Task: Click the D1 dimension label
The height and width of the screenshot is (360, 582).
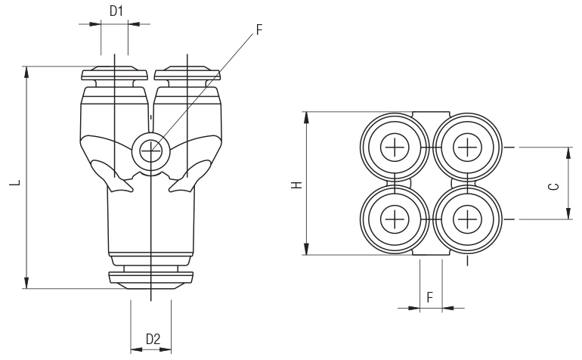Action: [116, 11]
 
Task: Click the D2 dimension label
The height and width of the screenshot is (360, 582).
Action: [153, 339]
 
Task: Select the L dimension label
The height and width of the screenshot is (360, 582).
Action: [15, 183]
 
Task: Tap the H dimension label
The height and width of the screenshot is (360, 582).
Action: [296, 184]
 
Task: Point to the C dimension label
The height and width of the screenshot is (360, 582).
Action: [555, 185]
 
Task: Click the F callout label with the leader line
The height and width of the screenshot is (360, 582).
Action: [259, 30]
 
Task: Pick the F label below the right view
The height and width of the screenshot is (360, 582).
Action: [430, 296]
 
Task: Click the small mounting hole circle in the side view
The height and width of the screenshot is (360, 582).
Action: [150, 149]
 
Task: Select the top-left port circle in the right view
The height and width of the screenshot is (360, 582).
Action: [395, 147]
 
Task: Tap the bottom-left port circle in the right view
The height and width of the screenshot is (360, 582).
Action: [395, 219]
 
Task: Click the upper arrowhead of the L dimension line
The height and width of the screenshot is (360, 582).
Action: [27, 73]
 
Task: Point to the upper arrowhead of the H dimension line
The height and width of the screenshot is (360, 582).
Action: [307, 118]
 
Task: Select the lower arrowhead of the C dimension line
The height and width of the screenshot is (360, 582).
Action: [569, 214]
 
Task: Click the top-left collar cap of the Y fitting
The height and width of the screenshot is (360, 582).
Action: [113, 75]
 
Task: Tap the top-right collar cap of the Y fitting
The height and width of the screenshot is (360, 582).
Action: [187, 75]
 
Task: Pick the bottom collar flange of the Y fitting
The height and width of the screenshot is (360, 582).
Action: [150, 277]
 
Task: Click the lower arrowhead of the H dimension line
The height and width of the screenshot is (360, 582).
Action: [307, 249]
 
